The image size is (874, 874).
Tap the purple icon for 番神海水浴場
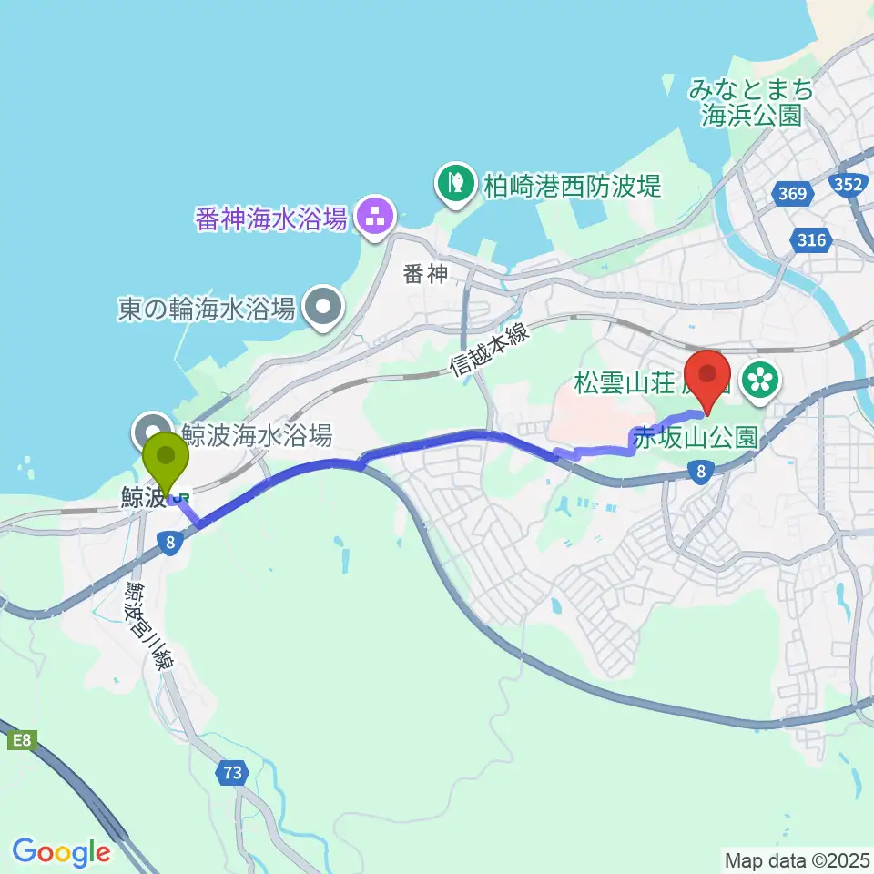pyautogui.click(x=373, y=218)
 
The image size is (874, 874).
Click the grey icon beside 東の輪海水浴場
pyautogui.click(x=323, y=310)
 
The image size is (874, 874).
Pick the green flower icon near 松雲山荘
pyautogui.click(x=761, y=379)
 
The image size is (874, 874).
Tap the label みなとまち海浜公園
pyautogui.click(x=750, y=103)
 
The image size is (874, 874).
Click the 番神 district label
pyautogui.click(x=426, y=273)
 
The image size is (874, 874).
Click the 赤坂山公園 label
pyautogui.click(x=697, y=437)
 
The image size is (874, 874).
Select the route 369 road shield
pyautogui.click(x=790, y=193)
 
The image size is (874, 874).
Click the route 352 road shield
pyautogui.click(x=849, y=186)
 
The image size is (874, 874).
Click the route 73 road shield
pyautogui.click(x=233, y=773)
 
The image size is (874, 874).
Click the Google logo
pyautogui.click(x=61, y=853)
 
